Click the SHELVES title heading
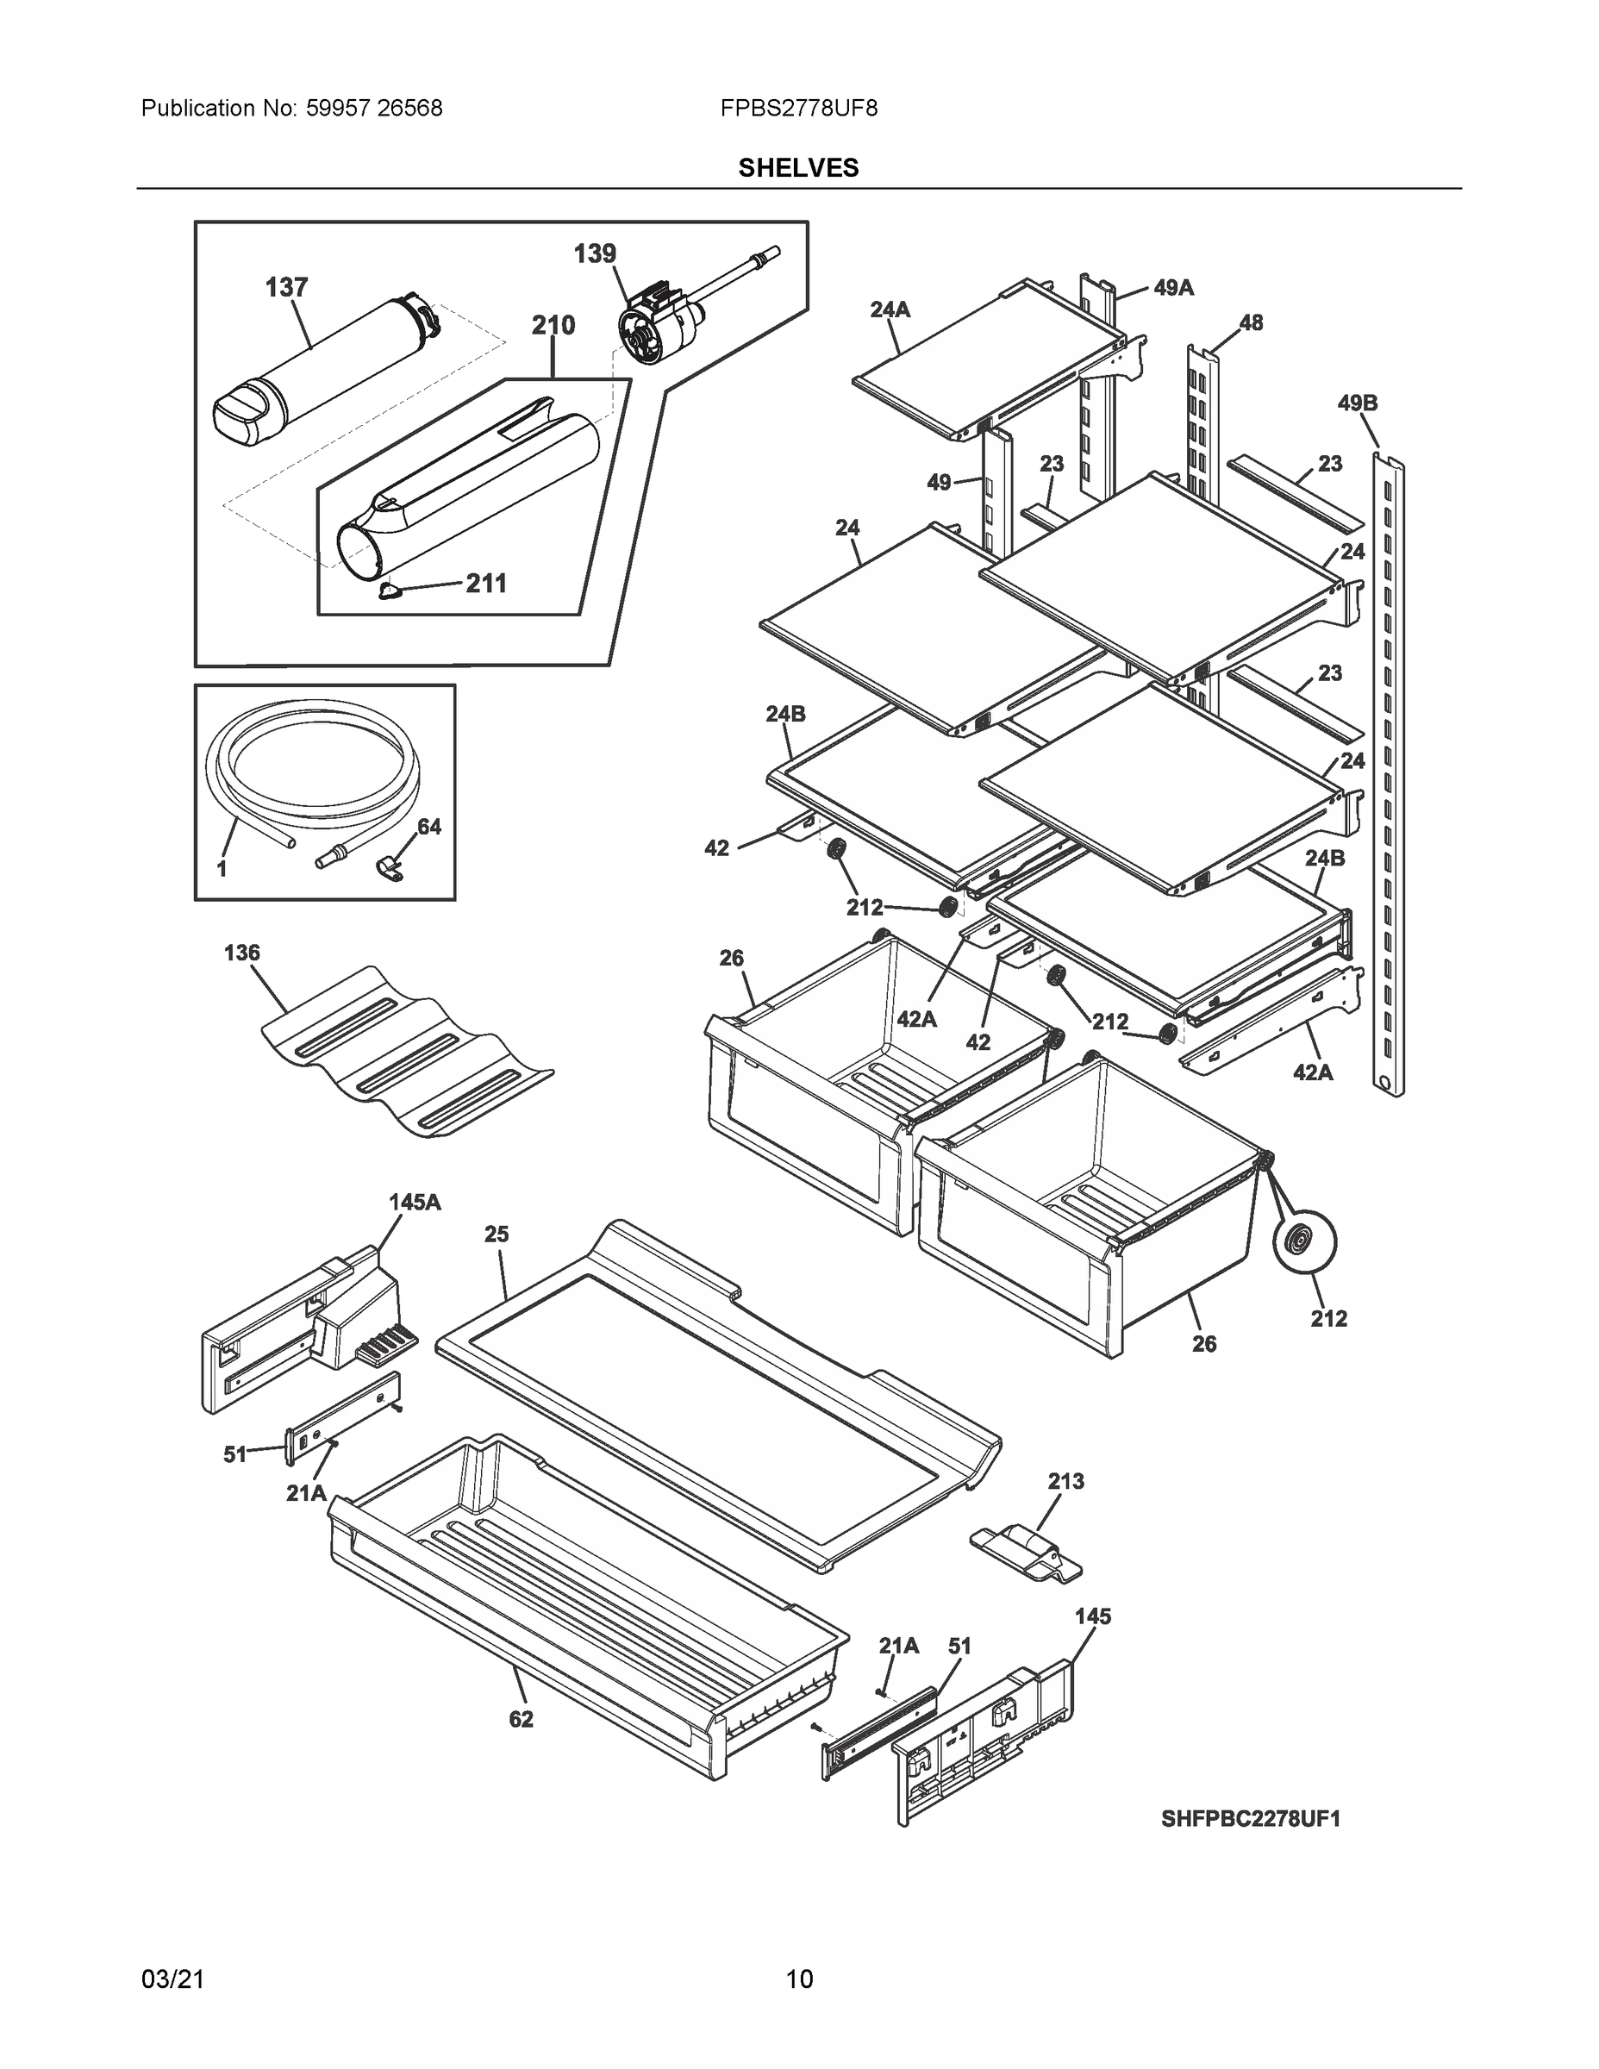(798, 168)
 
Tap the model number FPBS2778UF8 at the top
(798, 108)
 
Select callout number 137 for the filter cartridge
(286, 287)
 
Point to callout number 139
(595, 254)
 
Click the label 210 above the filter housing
(553, 326)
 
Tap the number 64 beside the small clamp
(429, 827)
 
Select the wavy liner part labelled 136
(408, 1052)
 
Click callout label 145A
(415, 1203)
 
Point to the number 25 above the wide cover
(497, 1235)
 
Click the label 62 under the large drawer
(521, 1720)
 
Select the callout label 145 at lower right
(1092, 1617)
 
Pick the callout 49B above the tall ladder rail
(1358, 403)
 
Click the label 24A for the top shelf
(890, 309)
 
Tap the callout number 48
(1252, 323)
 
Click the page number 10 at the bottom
(800, 1979)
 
